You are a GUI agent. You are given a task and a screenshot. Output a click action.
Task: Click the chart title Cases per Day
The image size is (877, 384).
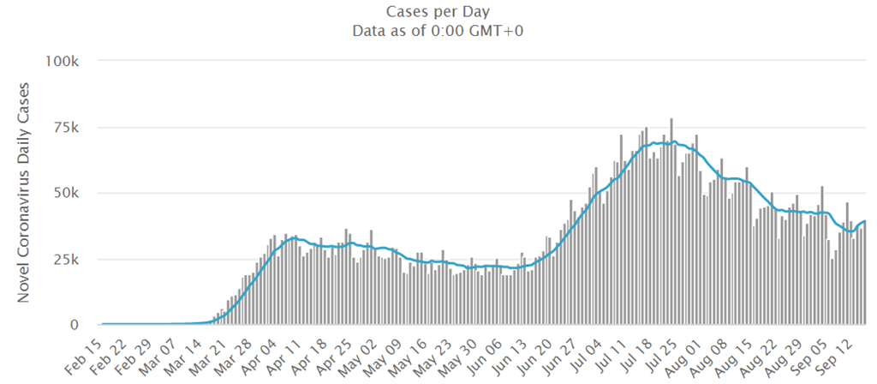tap(438, 11)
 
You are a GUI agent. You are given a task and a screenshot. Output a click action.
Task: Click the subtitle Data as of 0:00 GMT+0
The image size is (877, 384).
tap(438, 31)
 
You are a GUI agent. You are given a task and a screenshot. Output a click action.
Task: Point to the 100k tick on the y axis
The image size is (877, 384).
tap(62, 62)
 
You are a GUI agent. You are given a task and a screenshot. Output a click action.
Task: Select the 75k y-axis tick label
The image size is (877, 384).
tap(66, 128)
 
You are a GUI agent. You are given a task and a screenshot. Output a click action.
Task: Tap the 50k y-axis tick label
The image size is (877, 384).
tap(66, 194)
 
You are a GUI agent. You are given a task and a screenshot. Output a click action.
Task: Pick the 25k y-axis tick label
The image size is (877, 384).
tap(66, 260)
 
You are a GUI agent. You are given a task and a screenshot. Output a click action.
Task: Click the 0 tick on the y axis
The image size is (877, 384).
tap(75, 325)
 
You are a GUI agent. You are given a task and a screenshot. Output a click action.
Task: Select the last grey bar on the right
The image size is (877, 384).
tap(865, 274)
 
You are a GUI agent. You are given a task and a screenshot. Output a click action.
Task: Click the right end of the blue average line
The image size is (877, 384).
tap(865, 222)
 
